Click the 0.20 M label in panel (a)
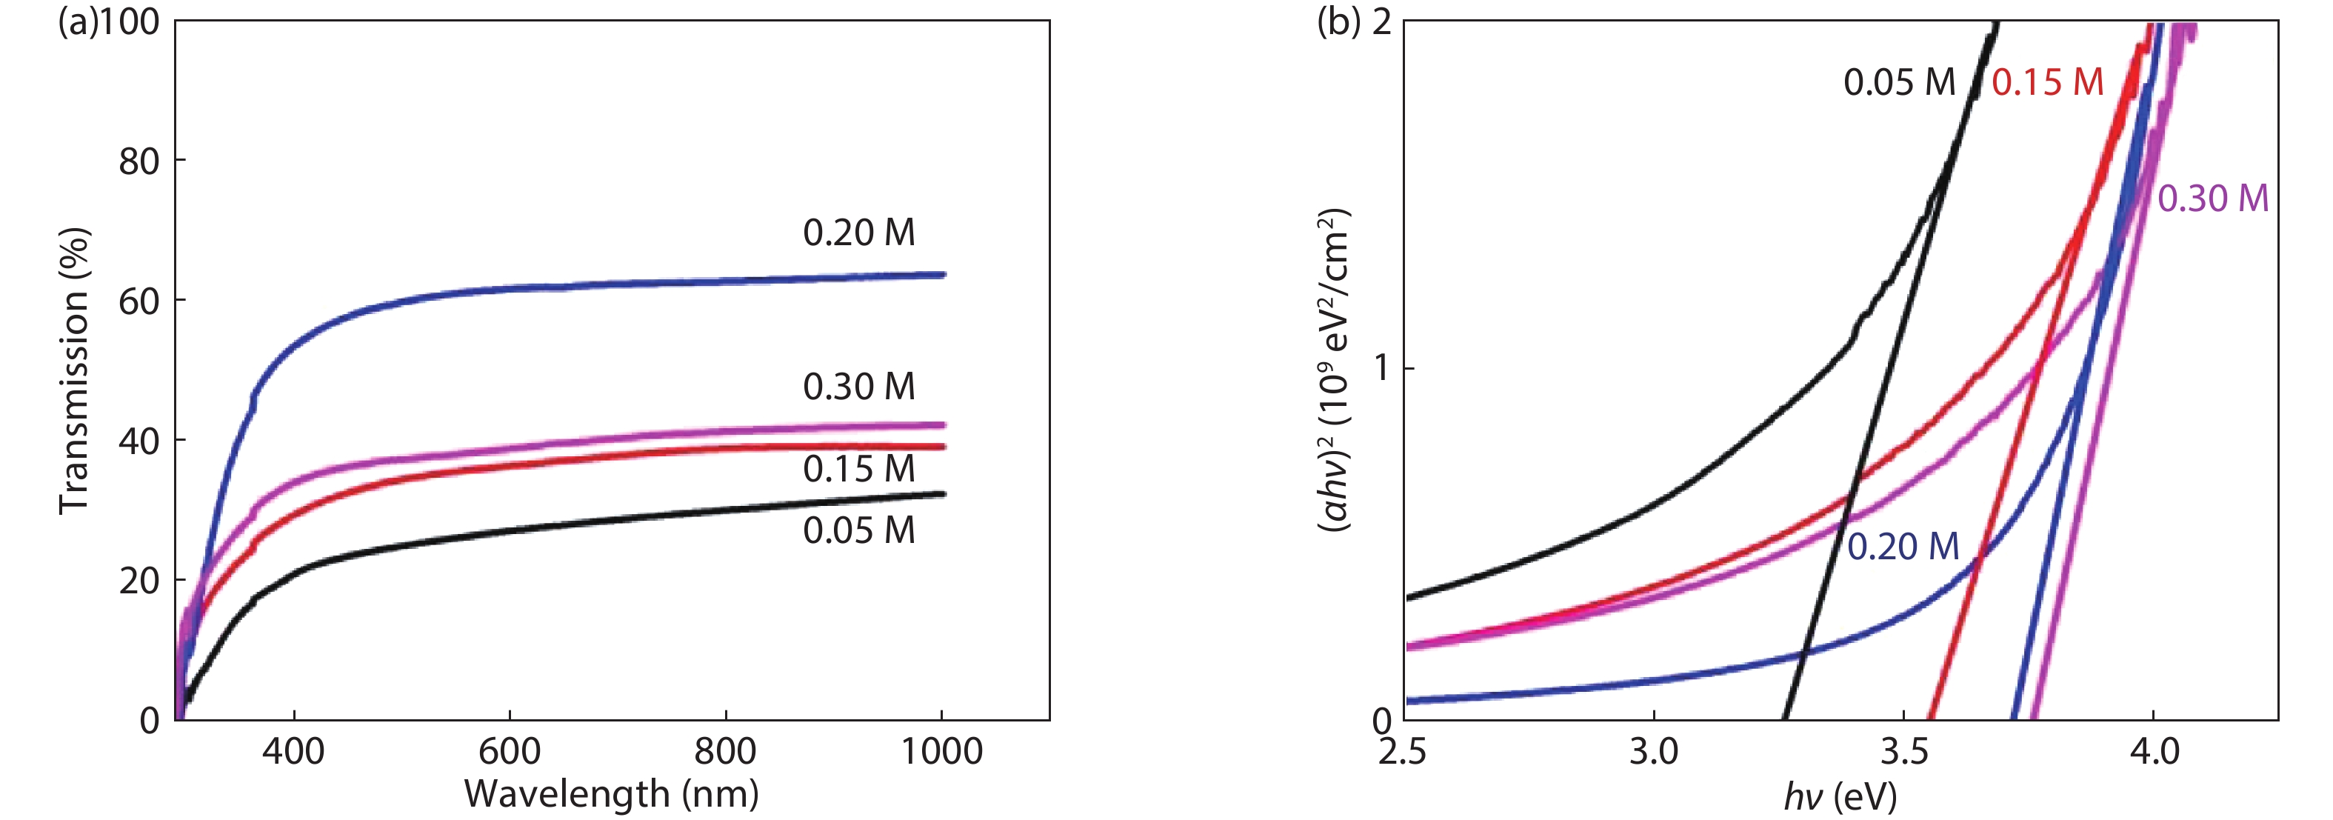pos(858,233)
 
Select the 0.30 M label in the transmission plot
pos(858,387)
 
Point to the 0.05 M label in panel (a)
pos(858,531)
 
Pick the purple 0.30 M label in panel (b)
pos(2212,199)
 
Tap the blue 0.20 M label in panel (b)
pos(1903,547)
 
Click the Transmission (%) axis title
pos(74,372)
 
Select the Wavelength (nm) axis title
pos(611,795)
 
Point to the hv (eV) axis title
pos(1840,796)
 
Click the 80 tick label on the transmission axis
pos(138,161)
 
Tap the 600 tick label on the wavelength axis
pos(509,751)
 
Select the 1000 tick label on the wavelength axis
pos(942,751)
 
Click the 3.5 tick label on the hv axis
pos(1903,751)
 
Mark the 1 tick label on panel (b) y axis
pos(1381,369)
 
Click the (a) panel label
pos(77,21)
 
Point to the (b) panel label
pos(1338,21)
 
